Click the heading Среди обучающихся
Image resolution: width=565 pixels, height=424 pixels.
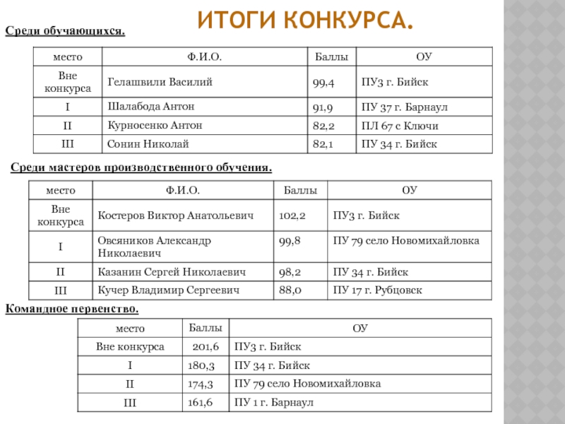[x=66, y=31]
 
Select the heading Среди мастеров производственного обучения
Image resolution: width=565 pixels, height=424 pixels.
[x=141, y=167]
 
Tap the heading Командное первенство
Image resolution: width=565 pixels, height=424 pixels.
[x=72, y=309]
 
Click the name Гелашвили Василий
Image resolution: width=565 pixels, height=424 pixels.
[x=160, y=82]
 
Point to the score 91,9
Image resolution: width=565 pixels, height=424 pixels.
[x=323, y=107]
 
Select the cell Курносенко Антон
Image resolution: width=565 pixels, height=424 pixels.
[x=155, y=125]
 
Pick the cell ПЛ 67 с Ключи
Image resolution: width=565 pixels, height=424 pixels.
[x=400, y=126]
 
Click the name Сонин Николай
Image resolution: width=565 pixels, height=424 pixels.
[x=148, y=144]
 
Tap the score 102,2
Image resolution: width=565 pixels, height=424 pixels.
[x=293, y=215]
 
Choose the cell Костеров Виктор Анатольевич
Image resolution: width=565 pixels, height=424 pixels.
[x=175, y=215]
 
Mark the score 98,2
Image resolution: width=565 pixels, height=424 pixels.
[x=292, y=272]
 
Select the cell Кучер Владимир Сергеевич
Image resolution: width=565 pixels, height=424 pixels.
[x=168, y=290]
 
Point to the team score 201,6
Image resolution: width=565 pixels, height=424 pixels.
[x=206, y=347]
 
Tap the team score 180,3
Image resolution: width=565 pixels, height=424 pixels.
[x=201, y=365]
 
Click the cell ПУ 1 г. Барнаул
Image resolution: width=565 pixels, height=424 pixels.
[x=273, y=403]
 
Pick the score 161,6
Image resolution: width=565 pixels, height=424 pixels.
[x=201, y=403]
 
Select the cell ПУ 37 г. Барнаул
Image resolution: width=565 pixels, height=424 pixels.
[x=405, y=107]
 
